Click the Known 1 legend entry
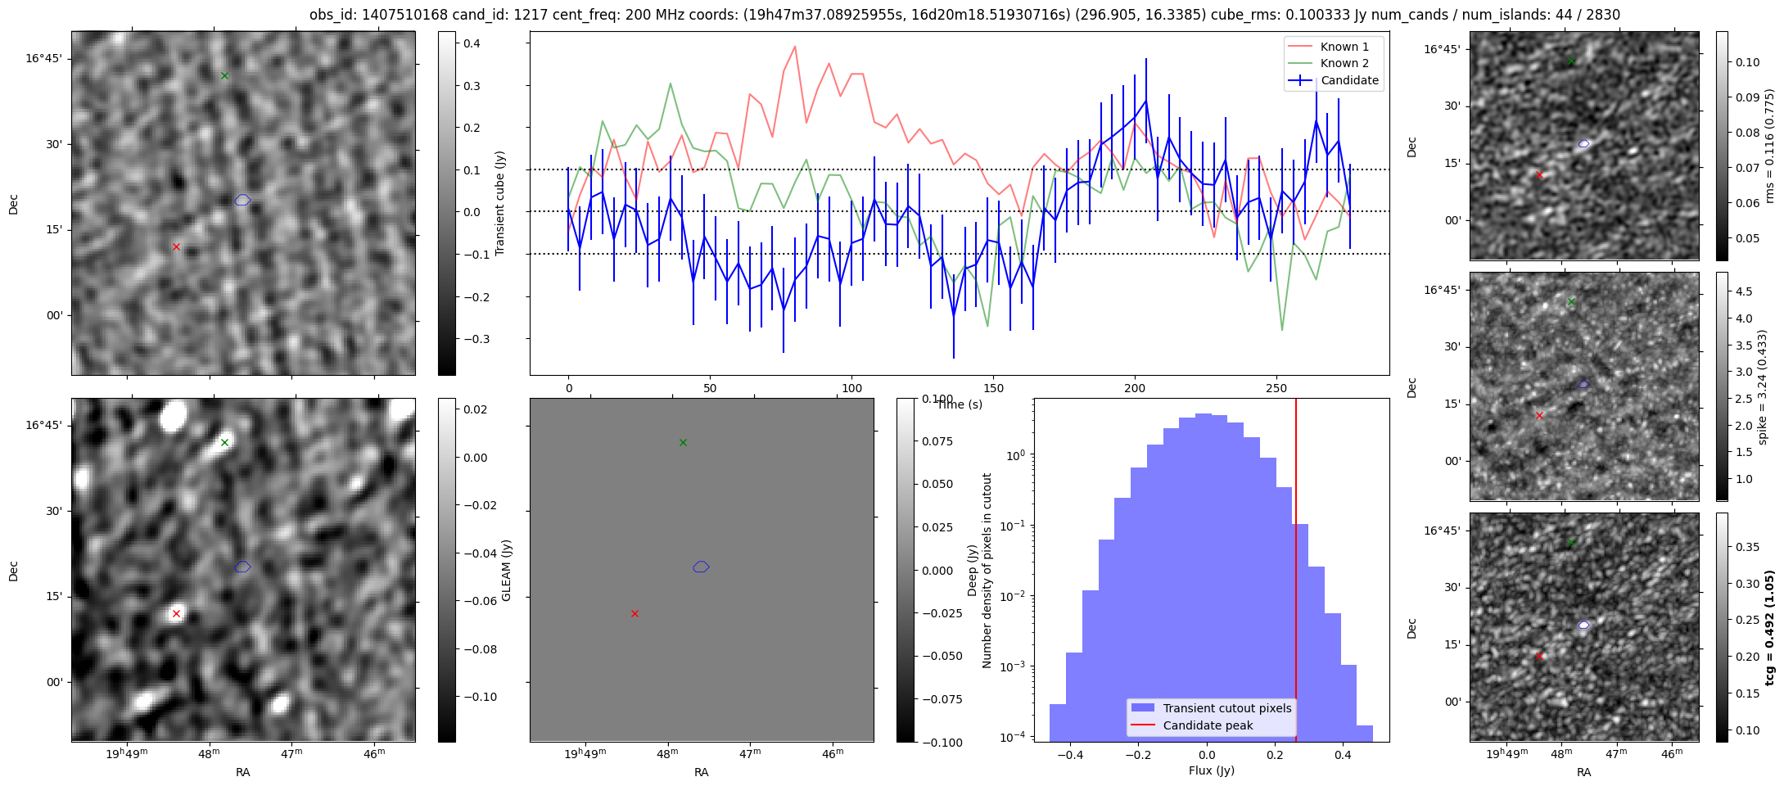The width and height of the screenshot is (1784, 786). pyautogui.click(x=1344, y=47)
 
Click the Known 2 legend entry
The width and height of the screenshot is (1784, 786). pyautogui.click(x=1344, y=63)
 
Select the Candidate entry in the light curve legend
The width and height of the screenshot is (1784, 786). pyautogui.click(x=1349, y=80)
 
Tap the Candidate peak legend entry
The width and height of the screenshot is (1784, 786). pyautogui.click(x=1208, y=725)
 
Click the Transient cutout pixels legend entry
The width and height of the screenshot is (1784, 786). pyautogui.click(x=1226, y=708)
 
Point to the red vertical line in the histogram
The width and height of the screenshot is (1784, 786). pyautogui.click(x=1296, y=573)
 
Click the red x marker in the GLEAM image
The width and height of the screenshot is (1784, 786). pyautogui.click(x=176, y=613)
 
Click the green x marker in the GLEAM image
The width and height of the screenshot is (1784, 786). pyautogui.click(x=224, y=443)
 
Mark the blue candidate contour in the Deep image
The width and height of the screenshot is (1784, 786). pyautogui.click(x=701, y=567)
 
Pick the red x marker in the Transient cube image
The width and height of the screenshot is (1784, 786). pyautogui.click(x=176, y=246)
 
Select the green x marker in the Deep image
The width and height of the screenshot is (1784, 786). pyautogui.click(x=683, y=443)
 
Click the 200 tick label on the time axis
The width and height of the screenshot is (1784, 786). pyautogui.click(x=1135, y=388)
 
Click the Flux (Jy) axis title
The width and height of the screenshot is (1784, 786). pyautogui.click(x=1211, y=770)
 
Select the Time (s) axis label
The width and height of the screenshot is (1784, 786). pyautogui.click(x=960, y=404)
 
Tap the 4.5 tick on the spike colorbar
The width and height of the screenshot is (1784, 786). pyautogui.click(x=1744, y=291)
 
